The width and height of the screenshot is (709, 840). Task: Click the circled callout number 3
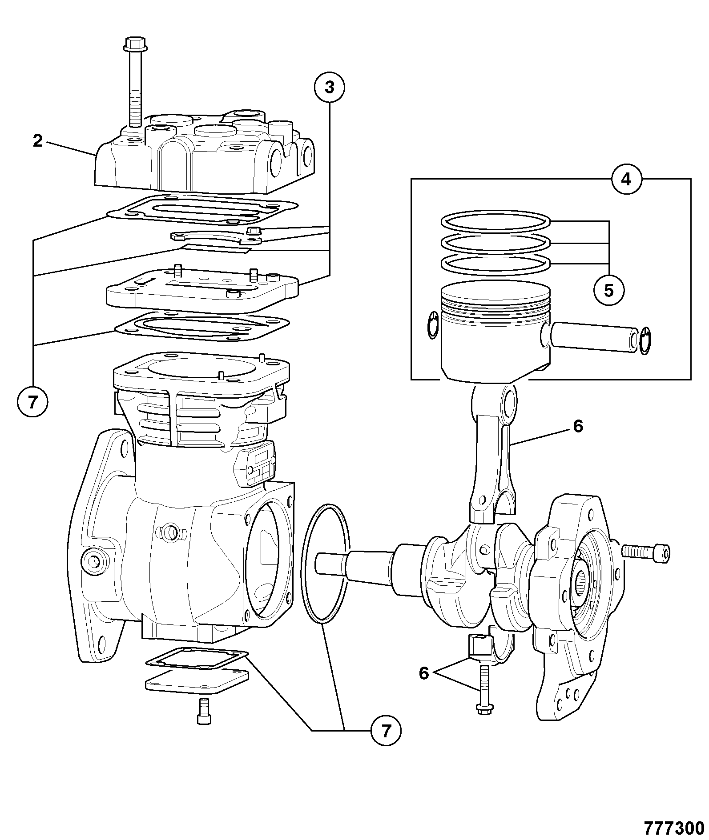(x=329, y=88)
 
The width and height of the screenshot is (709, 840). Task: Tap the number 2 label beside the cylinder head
(x=38, y=141)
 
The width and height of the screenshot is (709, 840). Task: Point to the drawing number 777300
(x=674, y=828)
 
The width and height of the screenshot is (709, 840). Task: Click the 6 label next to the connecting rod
(x=578, y=426)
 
